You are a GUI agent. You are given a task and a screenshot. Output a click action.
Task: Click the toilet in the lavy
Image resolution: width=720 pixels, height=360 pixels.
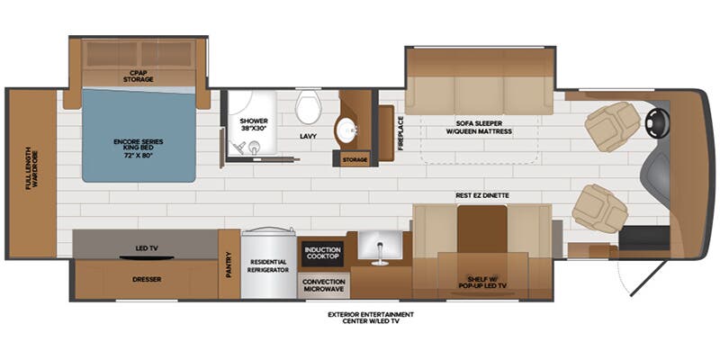[x=309, y=109]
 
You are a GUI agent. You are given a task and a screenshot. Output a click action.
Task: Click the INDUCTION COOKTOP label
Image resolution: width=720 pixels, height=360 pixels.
[x=321, y=253]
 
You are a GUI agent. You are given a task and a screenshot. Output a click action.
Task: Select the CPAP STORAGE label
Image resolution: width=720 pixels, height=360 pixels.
[x=139, y=76]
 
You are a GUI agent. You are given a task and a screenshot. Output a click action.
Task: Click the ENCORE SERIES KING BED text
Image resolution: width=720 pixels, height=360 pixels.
[x=139, y=146]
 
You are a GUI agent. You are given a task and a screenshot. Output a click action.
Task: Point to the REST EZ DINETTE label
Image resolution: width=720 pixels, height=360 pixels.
[x=482, y=194]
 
